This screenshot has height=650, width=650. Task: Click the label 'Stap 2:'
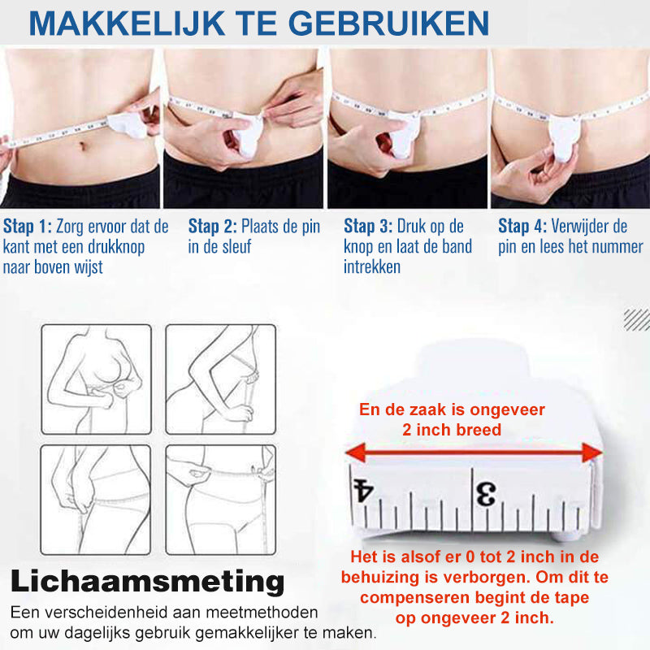213,227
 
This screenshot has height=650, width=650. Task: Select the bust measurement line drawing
96,378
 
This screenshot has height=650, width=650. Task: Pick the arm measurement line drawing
220,378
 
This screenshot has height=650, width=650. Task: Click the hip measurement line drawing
96,499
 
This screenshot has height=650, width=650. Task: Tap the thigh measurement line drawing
220,499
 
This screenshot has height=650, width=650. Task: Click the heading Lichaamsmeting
147,582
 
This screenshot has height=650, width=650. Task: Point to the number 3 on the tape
485,493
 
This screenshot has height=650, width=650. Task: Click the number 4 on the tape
362,491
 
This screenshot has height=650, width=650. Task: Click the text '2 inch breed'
452,431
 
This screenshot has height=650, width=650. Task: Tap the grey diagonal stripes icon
636,319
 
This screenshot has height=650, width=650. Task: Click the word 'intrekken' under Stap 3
372,267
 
